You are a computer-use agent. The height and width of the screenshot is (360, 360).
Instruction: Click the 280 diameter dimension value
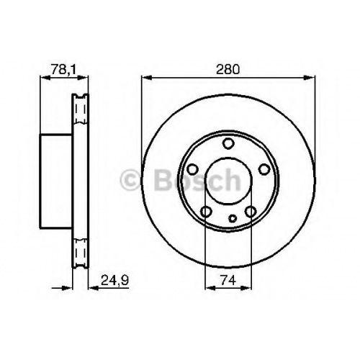pos(228,70)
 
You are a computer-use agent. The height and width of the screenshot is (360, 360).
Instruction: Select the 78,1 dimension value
pos(63,70)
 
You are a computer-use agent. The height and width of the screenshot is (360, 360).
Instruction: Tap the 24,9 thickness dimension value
pos(115,280)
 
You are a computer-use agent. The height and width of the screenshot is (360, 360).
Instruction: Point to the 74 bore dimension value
pos(228,280)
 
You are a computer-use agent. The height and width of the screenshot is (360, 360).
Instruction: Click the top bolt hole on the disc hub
pos(228,143)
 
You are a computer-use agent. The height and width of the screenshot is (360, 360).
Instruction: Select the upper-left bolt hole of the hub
pos(192,169)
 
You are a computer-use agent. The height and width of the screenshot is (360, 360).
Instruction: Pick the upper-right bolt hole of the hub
pos(264,169)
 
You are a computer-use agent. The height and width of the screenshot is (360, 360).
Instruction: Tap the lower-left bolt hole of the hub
pos(206,212)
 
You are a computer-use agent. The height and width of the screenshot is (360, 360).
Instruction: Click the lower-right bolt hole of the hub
pos(251,212)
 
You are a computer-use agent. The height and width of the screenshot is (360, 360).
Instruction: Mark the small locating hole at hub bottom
pos(233,218)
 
